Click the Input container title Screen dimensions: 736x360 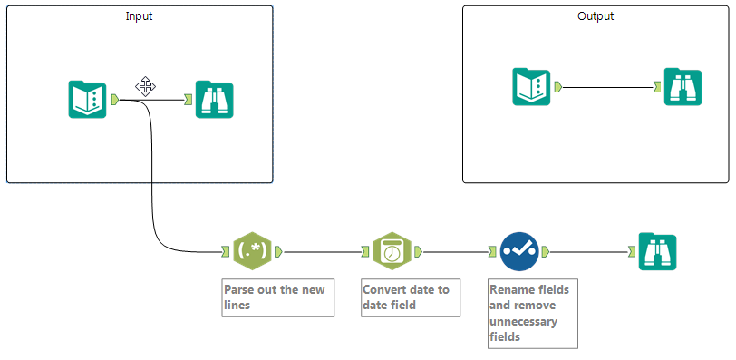pyautogui.click(x=139, y=16)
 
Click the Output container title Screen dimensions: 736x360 pyautogui.click(x=596, y=16)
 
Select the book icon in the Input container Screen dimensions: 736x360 pyautogui.click(x=87, y=100)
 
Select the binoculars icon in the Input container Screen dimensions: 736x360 pyautogui.click(x=215, y=100)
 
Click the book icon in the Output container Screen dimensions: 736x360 pyautogui.click(x=531, y=87)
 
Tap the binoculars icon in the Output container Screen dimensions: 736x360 pyautogui.click(x=683, y=87)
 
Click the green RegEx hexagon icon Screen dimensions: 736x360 pyautogui.click(x=253, y=251)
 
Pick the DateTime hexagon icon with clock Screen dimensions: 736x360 pyautogui.click(x=392, y=251)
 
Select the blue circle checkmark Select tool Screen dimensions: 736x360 pyautogui.click(x=519, y=251)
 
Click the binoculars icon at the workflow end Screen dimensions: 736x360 pyautogui.click(x=658, y=251)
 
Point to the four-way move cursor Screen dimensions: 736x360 pyautogui.click(x=146, y=86)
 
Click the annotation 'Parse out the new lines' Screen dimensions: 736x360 pyautogui.click(x=278, y=297)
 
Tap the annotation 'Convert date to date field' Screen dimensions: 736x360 pyautogui.click(x=411, y=297)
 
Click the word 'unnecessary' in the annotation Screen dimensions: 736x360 pyautogui.click(x=523, y=322)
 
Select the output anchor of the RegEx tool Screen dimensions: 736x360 pyautogui.click(x=278, y=252)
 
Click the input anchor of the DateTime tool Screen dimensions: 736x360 pyautogui.click(x=365, y=252)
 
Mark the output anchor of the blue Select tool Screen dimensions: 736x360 pyautogui.click(x=546, y=252)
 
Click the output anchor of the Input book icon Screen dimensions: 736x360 pyautogui.click(x=115, y=100)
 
